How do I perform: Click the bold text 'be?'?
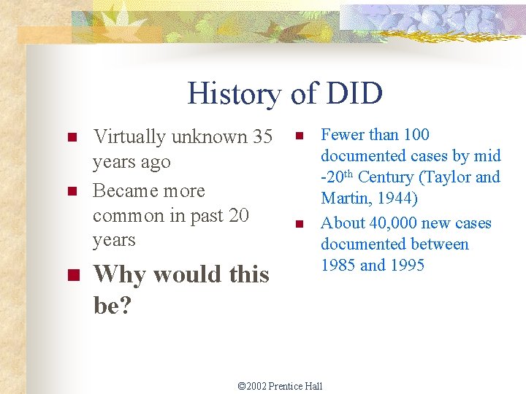click(x=113, y=305)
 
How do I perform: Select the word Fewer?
click(x=343, y=134)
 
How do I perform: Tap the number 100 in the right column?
click(x=416, y=134)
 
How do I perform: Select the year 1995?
click(x=407, y=265)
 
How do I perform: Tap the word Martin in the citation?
click(x=344, y=198)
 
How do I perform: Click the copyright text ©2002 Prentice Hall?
click(x=281, y=385)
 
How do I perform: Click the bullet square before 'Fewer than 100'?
click(x=298, y=136)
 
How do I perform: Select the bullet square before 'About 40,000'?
click(x=298, y=224)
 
